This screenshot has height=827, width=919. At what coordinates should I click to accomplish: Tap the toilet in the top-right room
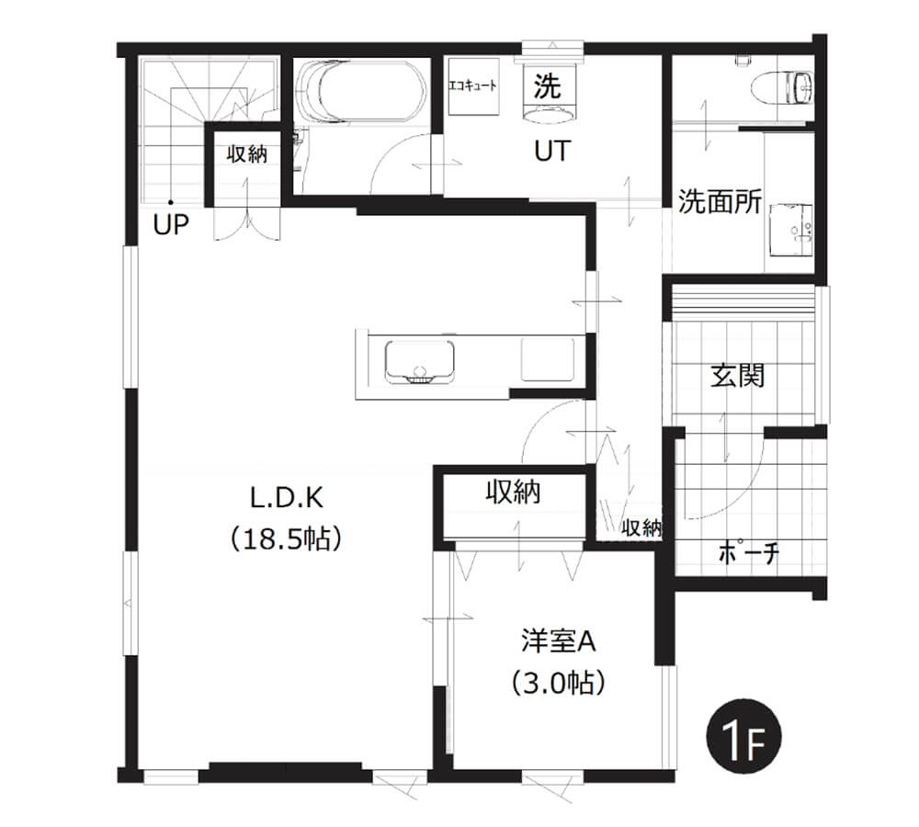[782, 86]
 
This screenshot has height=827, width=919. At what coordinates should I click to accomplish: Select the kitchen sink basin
[420, 362]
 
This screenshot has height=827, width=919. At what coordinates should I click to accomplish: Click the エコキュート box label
[472, 86]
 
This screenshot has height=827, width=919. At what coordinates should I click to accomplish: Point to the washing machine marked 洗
[548, 93]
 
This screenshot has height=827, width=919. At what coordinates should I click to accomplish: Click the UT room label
[552, 152]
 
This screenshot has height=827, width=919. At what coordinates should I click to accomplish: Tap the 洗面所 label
[720, 201]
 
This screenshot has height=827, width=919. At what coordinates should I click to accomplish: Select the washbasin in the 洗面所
[790, 230]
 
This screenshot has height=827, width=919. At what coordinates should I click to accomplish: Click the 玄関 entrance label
[738, 375]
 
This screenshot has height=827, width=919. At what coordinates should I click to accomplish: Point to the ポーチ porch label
[748, 552]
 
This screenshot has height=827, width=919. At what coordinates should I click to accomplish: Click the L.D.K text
[287, 498]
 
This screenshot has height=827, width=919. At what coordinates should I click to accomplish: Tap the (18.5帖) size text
[286, 538]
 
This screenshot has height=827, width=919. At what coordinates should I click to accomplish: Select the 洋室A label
[558, 641]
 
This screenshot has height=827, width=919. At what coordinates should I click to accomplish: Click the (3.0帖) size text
[558, 683]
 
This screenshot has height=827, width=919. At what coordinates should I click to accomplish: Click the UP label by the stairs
[171, 224]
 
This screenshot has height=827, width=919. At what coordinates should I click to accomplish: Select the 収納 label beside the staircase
[246, 154]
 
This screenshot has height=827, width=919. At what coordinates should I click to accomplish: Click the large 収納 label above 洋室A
[514, 493]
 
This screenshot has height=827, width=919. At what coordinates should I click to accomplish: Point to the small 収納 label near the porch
[641, 527]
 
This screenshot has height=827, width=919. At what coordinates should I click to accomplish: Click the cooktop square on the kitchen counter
[548, 358]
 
